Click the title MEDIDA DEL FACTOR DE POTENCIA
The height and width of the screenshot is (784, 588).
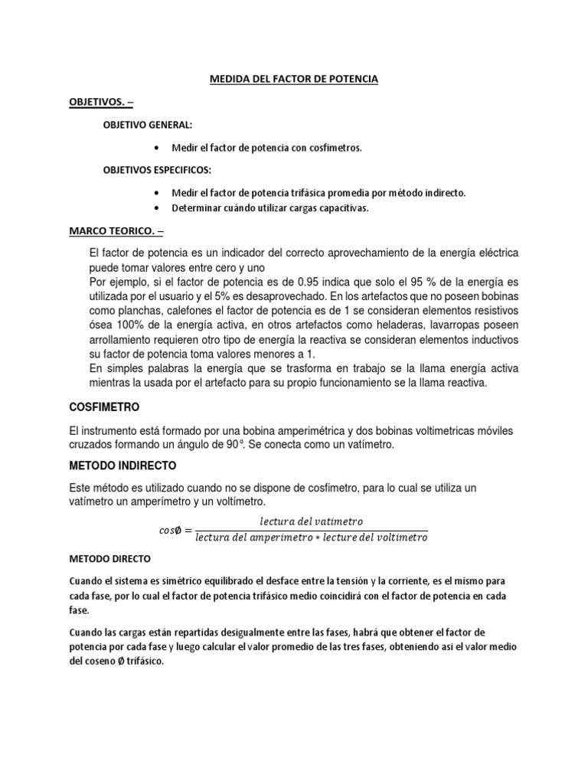pos(294,79)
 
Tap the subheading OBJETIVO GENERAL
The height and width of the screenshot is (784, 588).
pos(149,125)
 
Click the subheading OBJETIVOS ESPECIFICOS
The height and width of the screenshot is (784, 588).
pos(157,170)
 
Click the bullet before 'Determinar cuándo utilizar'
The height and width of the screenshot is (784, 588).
pos(157,208)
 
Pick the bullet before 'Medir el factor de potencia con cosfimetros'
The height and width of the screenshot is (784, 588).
pos(157,148)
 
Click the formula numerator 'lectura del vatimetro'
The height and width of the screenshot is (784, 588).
pos(312,521)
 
